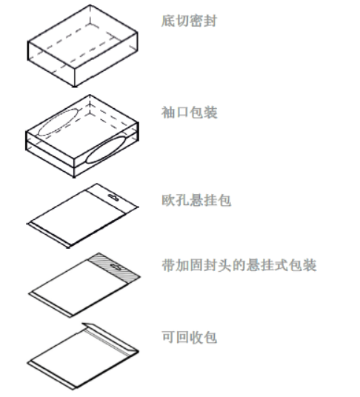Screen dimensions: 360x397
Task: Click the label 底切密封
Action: tap(189, 21)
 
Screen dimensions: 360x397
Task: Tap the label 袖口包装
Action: tap(190, 113)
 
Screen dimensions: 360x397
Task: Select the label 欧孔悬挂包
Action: tap(196, 200)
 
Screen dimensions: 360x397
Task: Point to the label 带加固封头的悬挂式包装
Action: tap(239, 265)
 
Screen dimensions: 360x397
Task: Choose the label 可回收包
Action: tap(189, 337)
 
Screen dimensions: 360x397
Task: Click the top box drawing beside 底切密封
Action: tap(82, 46)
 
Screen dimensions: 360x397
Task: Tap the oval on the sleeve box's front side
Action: tap(106, 150)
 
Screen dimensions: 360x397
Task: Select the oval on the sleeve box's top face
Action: tap(59, 122)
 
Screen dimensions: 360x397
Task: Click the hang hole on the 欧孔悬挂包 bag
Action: tap(113, 197)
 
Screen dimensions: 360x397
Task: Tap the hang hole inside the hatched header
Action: tap(116, 267)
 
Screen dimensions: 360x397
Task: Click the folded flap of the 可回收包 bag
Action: tap(110, 337)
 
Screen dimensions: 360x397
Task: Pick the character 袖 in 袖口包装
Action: tap(168, 113)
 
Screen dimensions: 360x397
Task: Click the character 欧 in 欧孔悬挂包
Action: tap(168, 200)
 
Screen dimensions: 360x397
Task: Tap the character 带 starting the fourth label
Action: tap(168, 265)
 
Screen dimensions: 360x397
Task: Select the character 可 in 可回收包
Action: tap(168, 337)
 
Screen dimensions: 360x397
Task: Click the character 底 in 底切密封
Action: tap(168, 21)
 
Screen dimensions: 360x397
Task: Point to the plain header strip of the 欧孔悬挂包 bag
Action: tap(111, 198)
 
